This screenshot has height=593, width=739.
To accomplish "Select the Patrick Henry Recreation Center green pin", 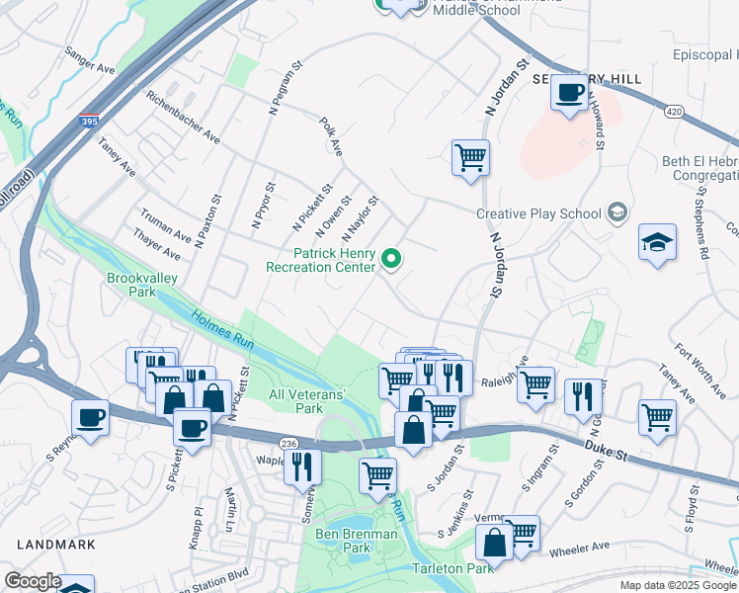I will coord(391,260).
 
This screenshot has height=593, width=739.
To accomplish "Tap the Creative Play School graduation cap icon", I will coord(617,212).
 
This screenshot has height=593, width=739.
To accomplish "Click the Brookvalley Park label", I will coord(142,286).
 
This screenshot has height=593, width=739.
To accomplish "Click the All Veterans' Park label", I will coord(307,401).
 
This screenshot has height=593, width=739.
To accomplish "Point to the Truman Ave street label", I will coord(165,225).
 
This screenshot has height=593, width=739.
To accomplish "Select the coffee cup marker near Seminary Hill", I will coord(569,94).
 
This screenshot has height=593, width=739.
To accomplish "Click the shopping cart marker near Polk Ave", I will coord(470,157).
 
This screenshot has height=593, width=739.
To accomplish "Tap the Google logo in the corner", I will coord(33,581).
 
